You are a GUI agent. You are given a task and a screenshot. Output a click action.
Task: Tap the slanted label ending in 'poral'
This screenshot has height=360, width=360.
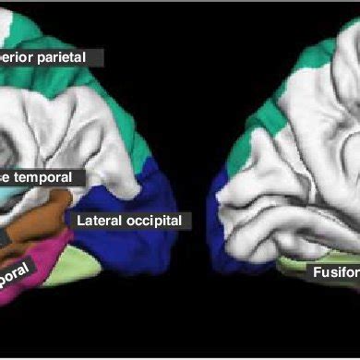[x=18, y=271]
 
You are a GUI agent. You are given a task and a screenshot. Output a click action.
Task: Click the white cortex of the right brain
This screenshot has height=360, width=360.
[x=305, y=175]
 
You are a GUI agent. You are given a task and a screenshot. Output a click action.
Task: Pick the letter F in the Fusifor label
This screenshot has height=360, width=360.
[x=317, y=272]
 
